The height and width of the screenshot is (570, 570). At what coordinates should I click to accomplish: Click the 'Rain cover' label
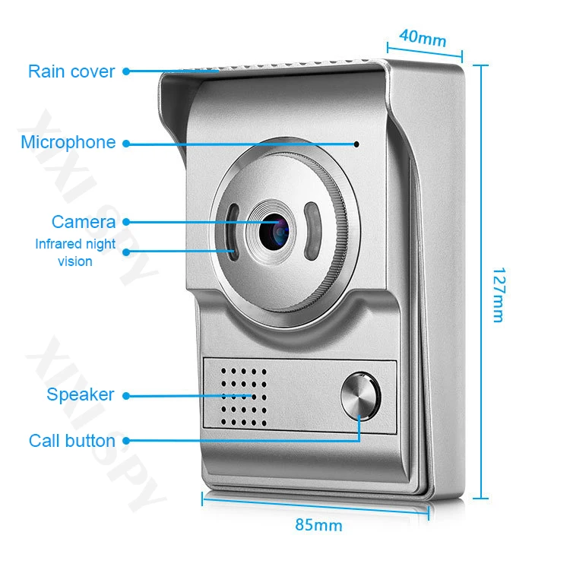point(71,71)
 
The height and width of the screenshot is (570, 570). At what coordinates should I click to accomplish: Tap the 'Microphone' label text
point(68,142)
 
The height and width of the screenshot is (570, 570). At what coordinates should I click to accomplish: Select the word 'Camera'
point(84,222)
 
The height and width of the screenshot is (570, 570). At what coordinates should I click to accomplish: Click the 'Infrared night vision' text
point(75,252)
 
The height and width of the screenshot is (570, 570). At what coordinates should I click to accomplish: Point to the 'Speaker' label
point(80,394)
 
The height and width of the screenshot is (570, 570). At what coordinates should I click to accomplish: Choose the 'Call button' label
point(72,441)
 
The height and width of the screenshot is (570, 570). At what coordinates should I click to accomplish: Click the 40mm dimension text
point(423,36)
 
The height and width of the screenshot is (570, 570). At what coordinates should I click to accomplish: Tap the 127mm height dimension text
point(497,294)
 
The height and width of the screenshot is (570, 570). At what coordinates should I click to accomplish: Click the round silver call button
point(359,395)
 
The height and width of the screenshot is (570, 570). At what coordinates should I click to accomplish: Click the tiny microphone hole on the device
point(356,143)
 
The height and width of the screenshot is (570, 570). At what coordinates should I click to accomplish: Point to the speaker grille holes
point(243,394)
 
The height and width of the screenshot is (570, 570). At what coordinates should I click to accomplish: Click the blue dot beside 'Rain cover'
point(125,71)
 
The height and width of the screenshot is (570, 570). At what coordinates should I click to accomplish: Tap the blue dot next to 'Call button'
point(125,440)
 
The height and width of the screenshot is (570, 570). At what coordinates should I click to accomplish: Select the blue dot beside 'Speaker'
point(125,395)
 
